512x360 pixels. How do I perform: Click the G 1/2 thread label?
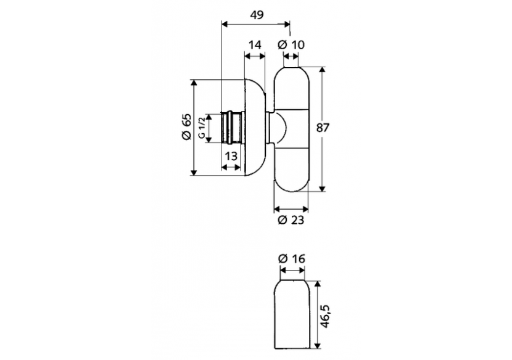(201, 128)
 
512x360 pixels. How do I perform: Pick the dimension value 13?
(230, 156)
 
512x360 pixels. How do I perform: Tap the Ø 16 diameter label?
(292, 259)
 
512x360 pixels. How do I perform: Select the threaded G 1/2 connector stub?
(231, 128)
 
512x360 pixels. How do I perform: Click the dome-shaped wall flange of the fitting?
(255, 128)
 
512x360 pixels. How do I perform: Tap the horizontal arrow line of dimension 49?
(255, 25)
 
